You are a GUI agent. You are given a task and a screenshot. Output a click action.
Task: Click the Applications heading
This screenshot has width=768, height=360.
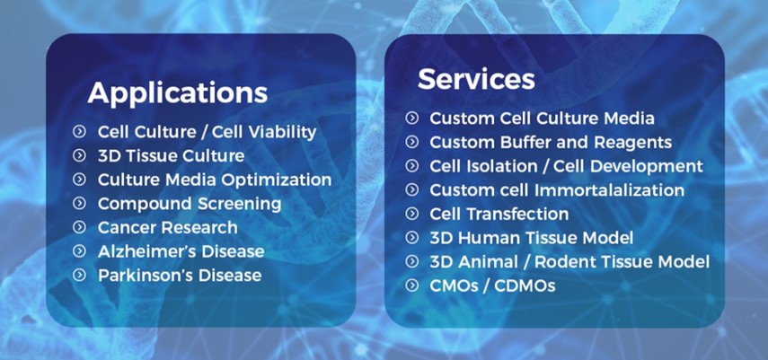pos(177,93)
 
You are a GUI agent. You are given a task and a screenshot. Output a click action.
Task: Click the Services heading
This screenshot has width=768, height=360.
pos(476,78)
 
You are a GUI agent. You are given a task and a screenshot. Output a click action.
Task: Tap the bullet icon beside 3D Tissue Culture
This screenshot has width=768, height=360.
pos(79,155)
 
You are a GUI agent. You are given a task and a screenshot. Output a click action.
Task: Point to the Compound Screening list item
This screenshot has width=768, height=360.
pos(190,204)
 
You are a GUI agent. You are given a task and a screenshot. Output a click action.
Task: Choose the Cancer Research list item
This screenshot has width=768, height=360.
pos(167,227)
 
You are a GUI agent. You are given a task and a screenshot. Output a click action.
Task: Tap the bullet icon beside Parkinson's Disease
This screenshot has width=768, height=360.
pos(79,275)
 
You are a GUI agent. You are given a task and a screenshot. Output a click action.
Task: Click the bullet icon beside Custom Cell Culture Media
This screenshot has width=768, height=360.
pos(412,118)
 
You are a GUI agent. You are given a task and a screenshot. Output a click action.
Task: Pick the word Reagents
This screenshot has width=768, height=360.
pos(633,142)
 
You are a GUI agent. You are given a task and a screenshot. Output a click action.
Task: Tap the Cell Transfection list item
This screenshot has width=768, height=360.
pos(499,214)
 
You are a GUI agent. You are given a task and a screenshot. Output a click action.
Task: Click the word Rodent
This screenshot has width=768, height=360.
pos(563,261)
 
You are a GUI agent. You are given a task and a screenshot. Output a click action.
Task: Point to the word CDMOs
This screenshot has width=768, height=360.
pos(525,285)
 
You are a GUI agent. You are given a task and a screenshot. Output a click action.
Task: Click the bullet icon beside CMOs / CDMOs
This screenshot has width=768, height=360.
pos(412,285)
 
